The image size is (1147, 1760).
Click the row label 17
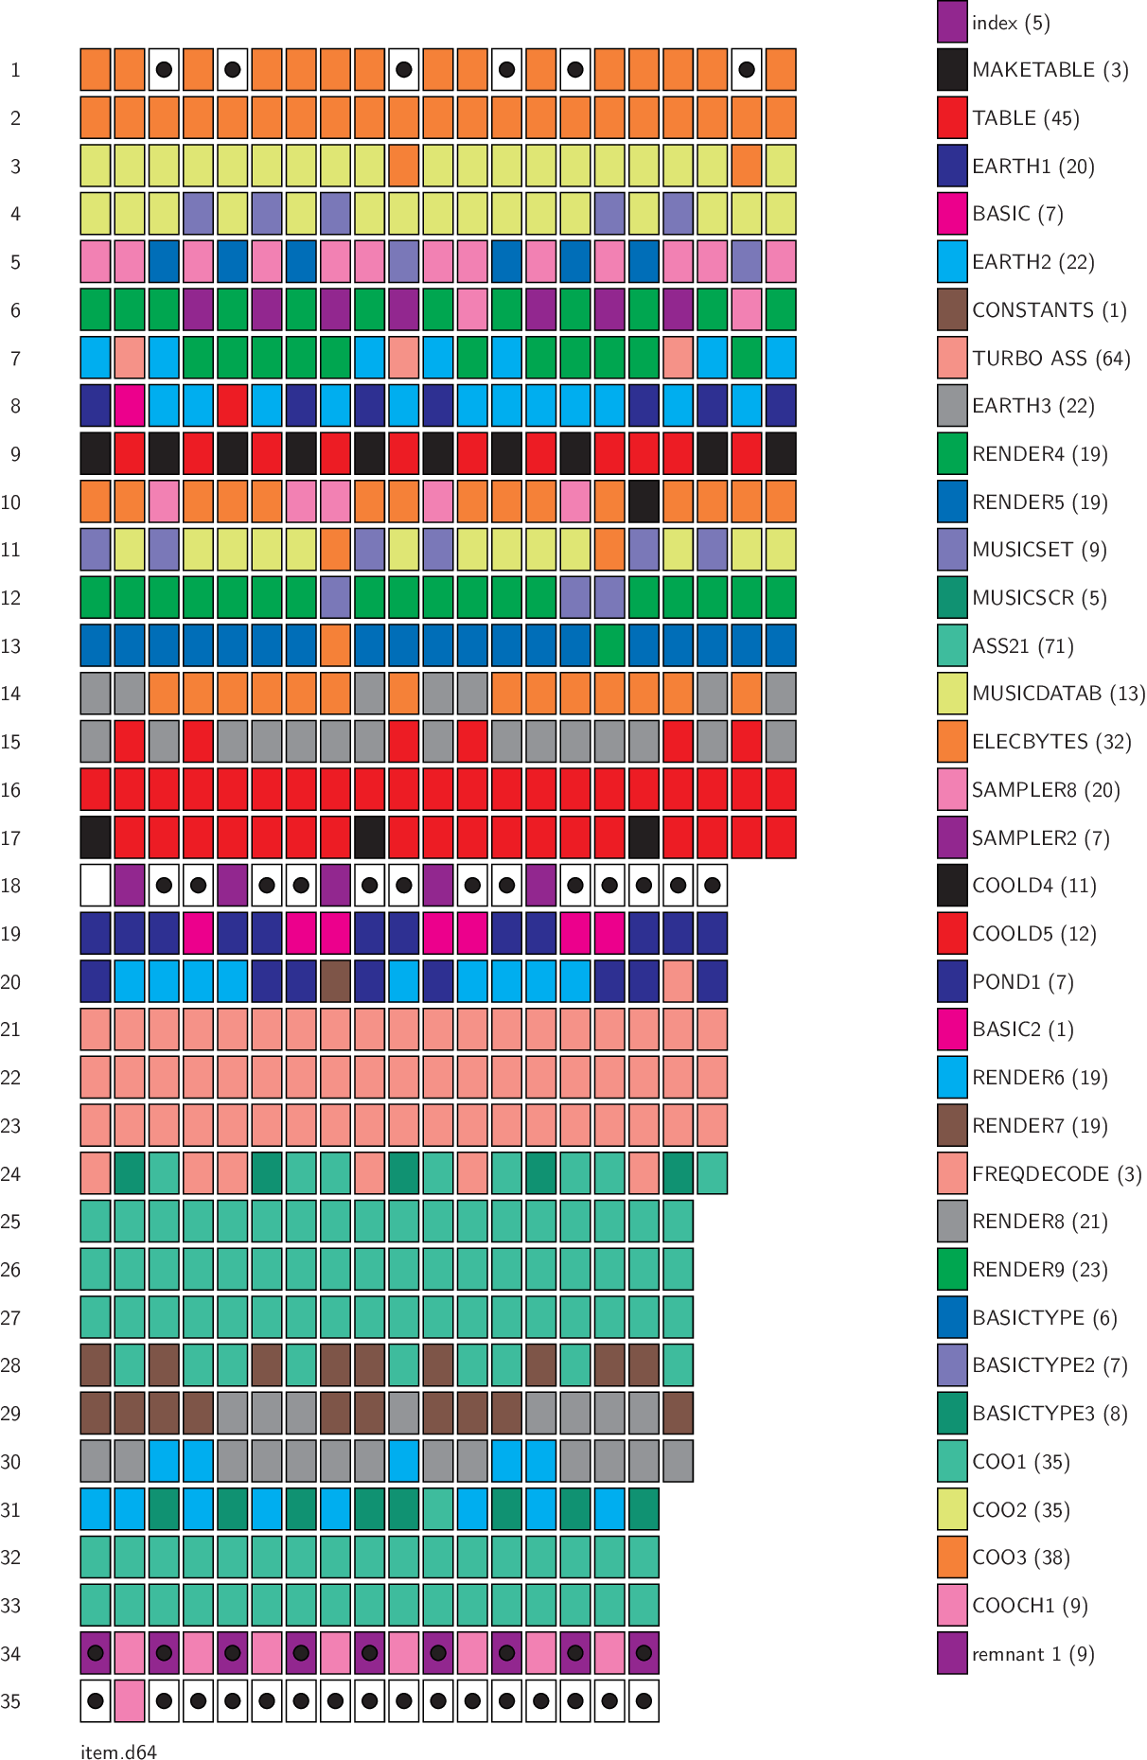(x=10, y=838)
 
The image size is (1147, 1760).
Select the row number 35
(x=10, y=1701)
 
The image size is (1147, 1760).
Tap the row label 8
(x=15, y=406)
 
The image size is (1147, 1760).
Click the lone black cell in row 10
(x=644, y=502)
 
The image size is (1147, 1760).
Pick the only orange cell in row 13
(x=335, y=645)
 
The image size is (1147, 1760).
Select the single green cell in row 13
(x=609, y=645)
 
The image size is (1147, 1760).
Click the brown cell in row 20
(x=335, y=981)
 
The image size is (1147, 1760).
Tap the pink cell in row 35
(x=130, y=1701)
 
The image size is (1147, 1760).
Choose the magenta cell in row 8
(x=130, y=406)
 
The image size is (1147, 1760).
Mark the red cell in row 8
(x=232, y=406)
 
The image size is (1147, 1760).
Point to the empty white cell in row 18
(x=96, y=886)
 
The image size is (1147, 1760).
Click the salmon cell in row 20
(x=678, y=981)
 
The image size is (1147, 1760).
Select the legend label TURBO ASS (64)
(x=1050, y=359)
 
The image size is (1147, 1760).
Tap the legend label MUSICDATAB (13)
(x=1058, y=694)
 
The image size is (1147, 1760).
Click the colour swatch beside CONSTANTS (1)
(x=952, y=310)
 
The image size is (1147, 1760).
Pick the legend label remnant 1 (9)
(x=1032, y=1654)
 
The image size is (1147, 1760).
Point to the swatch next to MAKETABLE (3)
(x=952, y=70)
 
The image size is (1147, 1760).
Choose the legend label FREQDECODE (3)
(x=1056, y=1174)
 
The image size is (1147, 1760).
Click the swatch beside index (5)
(x=952, y=23)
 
